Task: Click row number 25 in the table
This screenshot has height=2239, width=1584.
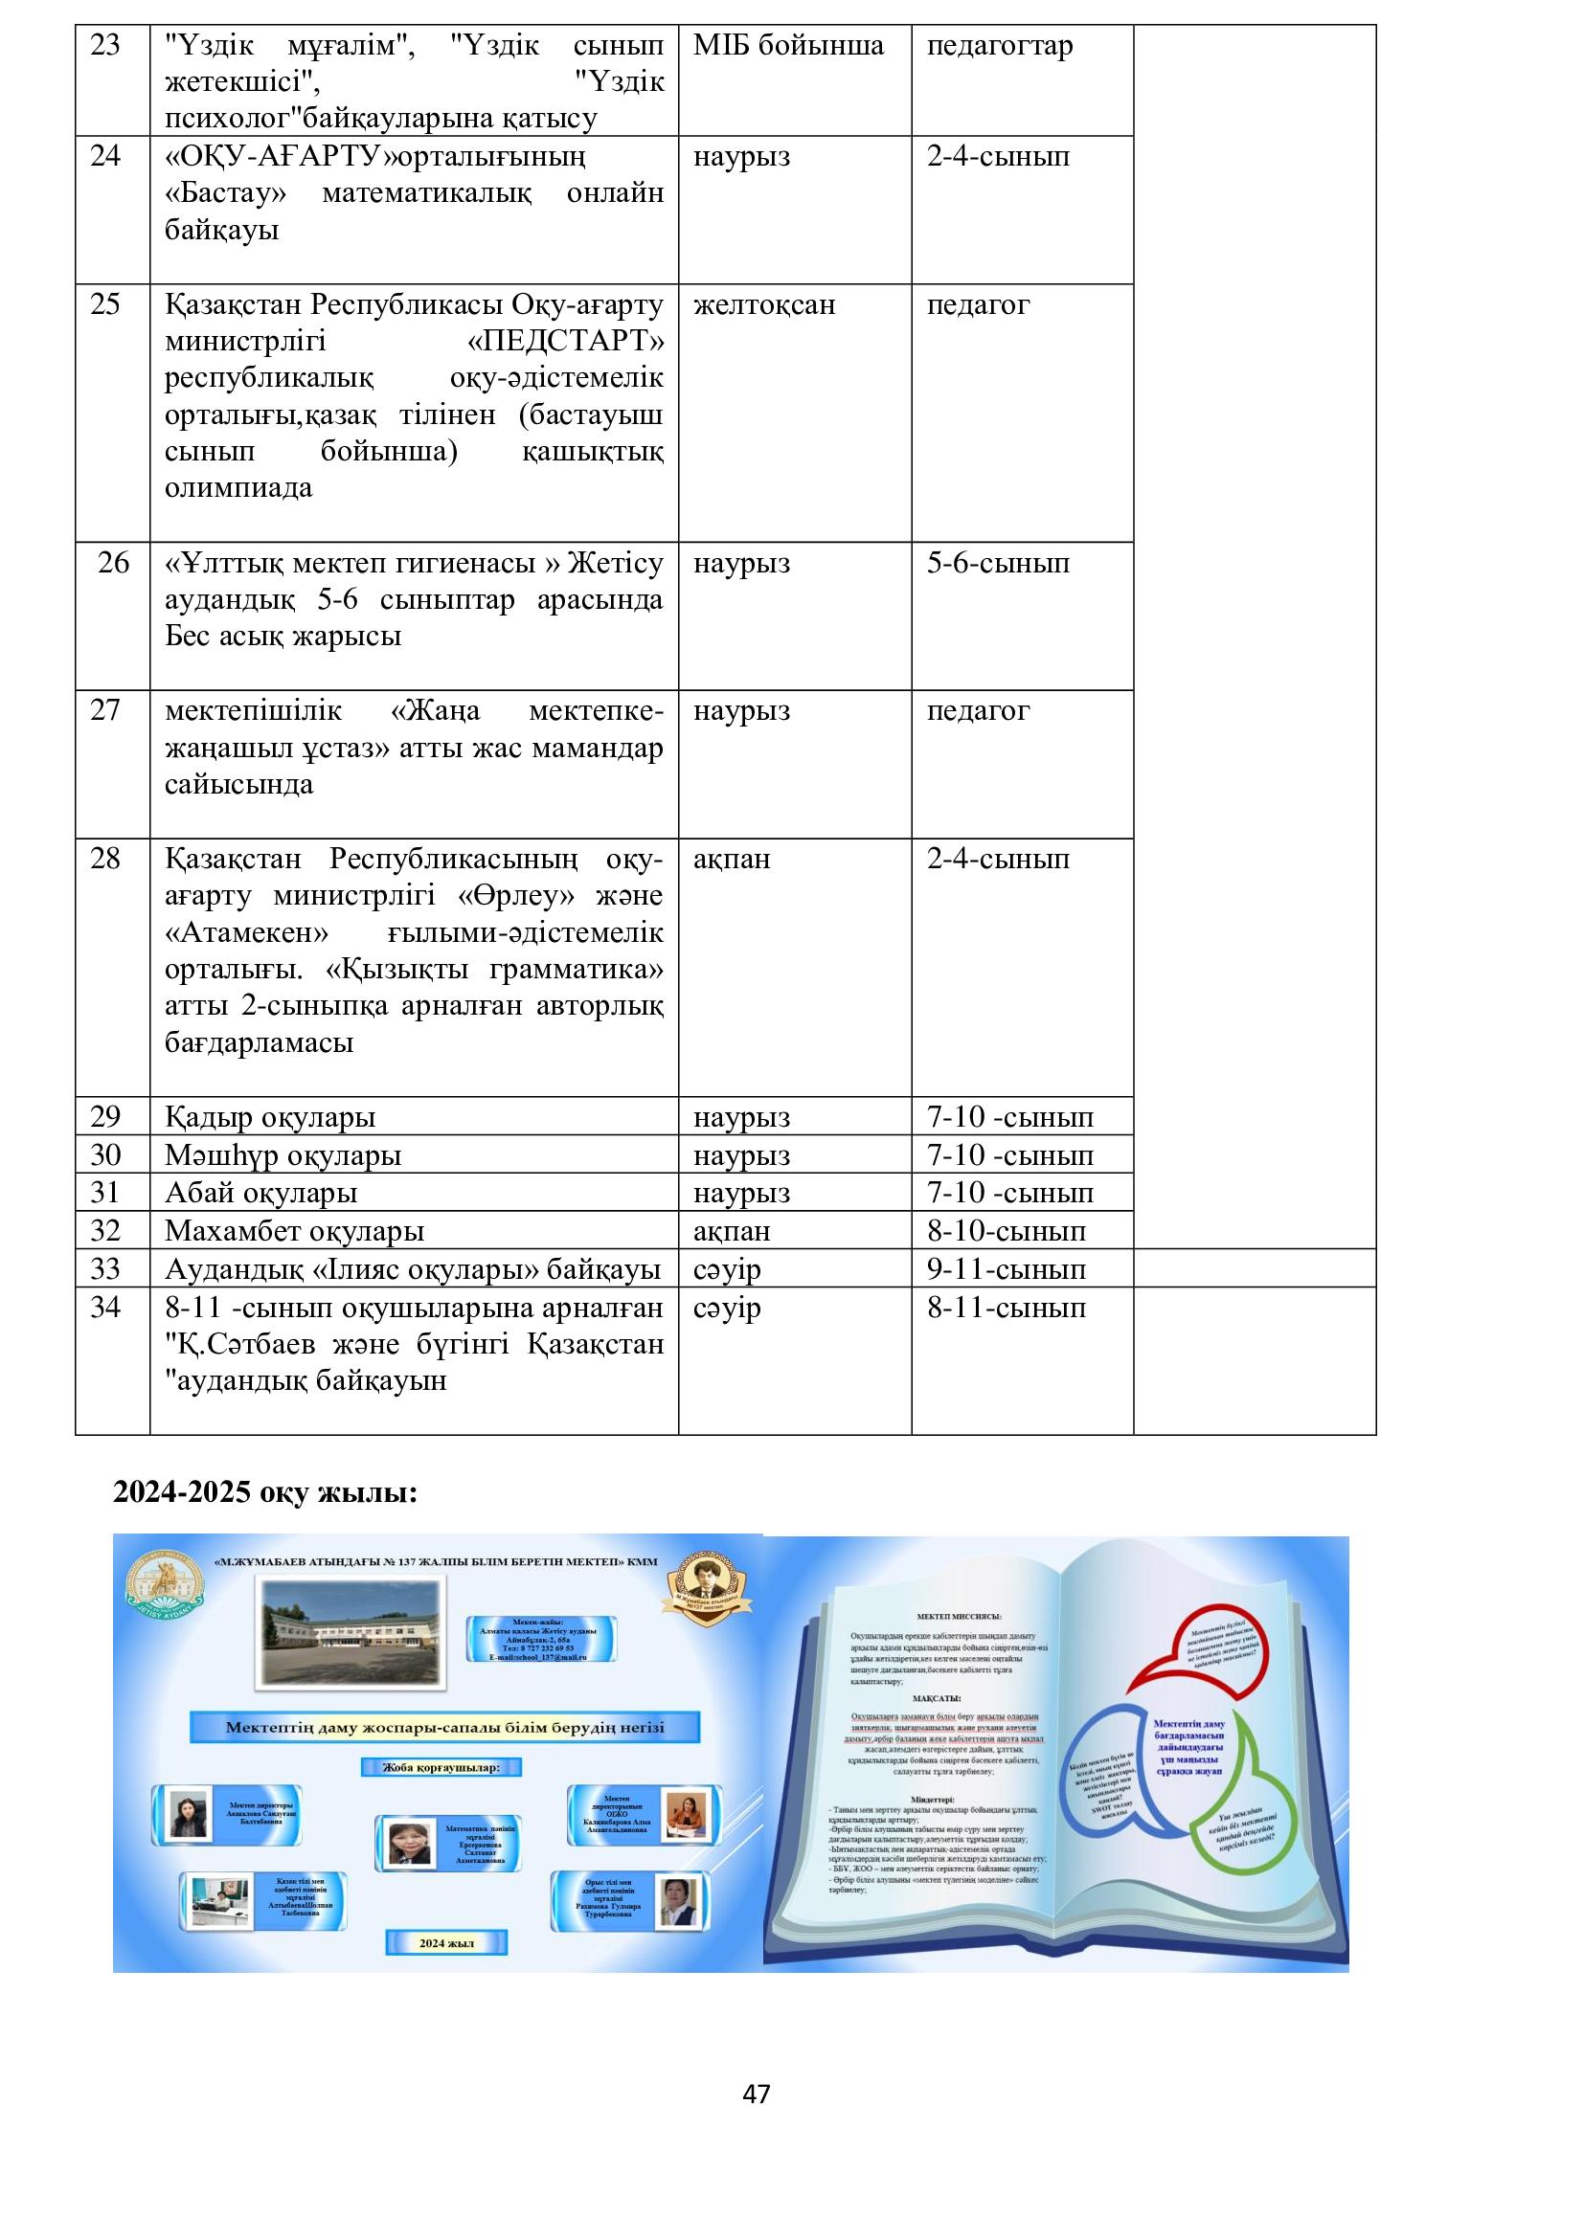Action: [x=105, y=304]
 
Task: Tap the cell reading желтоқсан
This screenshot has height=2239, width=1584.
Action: [x=763, y=304]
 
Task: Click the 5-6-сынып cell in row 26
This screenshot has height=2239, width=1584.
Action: [x=998, y=563]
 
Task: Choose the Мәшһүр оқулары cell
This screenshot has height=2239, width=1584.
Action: [x=283, y=1155]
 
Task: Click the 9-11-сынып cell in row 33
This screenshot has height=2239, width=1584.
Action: [x=1006, y=1268]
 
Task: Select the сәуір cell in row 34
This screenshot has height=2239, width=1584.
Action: [x=727, y=1308]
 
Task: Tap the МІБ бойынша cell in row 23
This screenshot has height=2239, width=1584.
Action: [x=788, y=46]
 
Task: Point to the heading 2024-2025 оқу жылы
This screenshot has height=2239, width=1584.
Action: [x=265, y=1492]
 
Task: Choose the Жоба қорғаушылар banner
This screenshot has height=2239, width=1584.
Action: [x=441, y=1767]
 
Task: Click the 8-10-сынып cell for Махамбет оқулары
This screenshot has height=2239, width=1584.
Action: [x=1006, y=1231]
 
